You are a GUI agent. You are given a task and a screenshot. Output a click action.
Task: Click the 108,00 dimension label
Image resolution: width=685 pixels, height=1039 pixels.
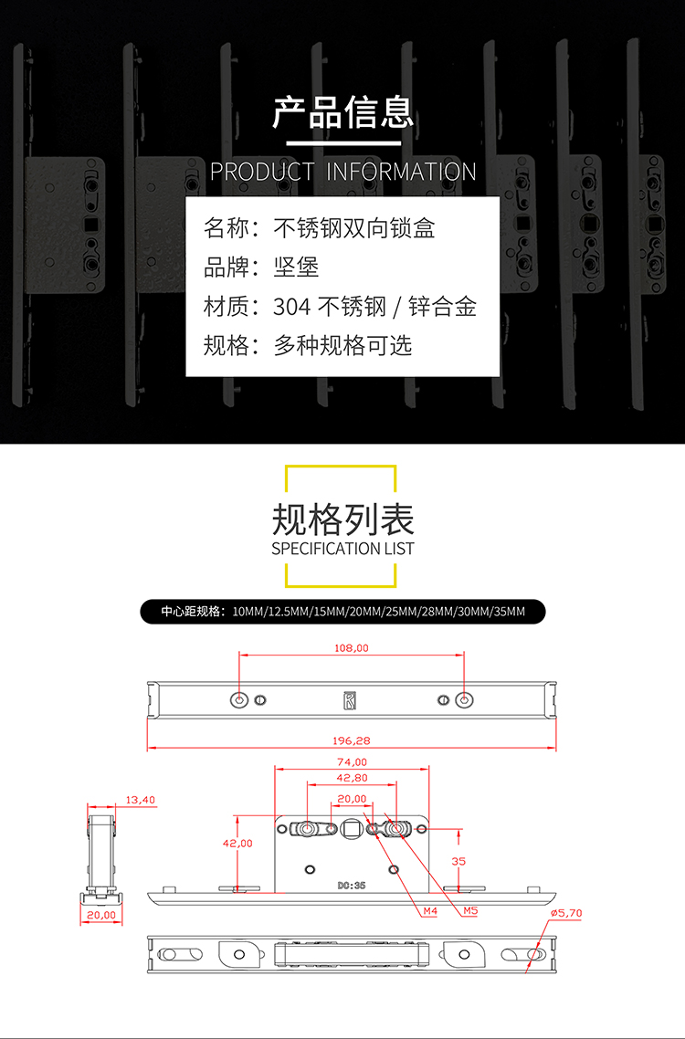[351, 648]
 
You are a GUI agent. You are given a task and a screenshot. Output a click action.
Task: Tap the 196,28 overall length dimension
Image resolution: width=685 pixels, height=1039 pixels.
[352, 740]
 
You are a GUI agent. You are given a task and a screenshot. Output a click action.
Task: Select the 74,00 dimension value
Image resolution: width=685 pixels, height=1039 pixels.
[352, 762]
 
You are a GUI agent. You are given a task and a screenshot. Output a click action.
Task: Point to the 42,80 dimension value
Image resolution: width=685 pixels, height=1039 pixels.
[352, 778]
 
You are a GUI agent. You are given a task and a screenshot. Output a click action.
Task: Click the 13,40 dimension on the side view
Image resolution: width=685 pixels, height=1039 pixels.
[140, 800]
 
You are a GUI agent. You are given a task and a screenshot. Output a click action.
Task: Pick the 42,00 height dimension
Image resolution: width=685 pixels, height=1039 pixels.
[237, 844]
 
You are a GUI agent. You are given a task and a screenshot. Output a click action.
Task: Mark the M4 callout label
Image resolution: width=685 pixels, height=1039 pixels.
[430, 911]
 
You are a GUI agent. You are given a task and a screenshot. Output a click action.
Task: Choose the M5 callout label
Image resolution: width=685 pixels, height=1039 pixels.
[470, 911]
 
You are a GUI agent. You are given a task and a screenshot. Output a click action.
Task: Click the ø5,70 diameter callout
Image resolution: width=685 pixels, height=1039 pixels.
[566, 913]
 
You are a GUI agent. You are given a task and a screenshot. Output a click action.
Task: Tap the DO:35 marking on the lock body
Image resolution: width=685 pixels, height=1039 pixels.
[352, 886]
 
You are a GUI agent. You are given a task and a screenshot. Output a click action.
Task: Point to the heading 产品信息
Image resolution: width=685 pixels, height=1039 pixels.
[342, 112]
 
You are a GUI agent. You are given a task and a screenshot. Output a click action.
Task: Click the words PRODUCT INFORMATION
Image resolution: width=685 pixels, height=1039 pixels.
[342, 172]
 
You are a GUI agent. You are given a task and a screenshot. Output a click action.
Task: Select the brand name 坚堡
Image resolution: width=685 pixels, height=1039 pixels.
[297, 267]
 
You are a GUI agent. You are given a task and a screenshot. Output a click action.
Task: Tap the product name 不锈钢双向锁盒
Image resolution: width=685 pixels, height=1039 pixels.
[354, 228]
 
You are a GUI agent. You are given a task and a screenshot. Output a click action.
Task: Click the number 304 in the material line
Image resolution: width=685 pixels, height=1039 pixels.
[291, 306]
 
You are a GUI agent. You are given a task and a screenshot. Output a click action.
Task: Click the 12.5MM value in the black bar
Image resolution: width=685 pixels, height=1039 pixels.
[289, 612]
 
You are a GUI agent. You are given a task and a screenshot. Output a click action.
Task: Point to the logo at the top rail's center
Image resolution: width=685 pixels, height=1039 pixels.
[350, 701]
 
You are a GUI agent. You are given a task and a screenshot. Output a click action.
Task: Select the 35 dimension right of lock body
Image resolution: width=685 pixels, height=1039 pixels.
[458, 861]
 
